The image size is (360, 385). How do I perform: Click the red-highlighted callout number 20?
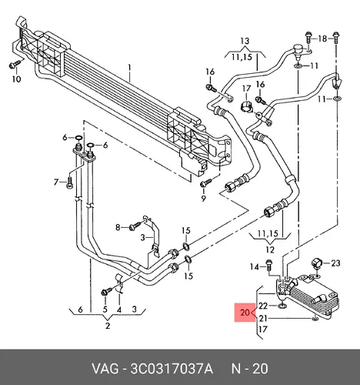click(245, 313)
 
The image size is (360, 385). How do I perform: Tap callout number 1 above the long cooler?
click(130, 69)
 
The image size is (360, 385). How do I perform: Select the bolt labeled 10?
click(15, 65)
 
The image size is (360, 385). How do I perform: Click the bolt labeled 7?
click(69, 183)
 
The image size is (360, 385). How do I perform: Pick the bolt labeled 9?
click(205, 182)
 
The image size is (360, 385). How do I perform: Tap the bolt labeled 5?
click(106, 291)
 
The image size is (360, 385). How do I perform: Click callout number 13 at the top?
click(245, 41)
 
